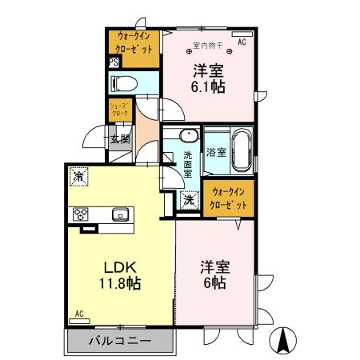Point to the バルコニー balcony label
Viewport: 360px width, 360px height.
point(120,341)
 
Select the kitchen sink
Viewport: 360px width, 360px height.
point(119,214)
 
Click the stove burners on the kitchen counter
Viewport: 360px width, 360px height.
point(82,214)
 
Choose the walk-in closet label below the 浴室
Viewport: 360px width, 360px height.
point(227,198)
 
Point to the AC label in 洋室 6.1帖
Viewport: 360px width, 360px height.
point(242,34)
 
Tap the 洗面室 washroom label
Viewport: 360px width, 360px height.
point(187,163)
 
